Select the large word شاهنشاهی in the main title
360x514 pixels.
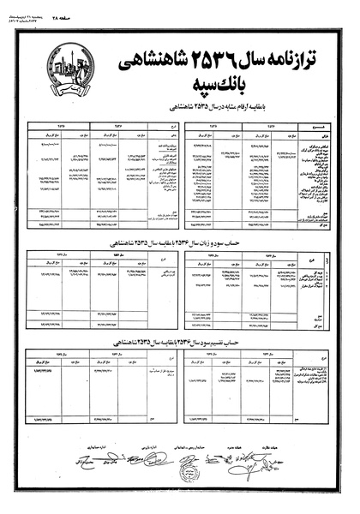pyautogui.click(x=147, y=61)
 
